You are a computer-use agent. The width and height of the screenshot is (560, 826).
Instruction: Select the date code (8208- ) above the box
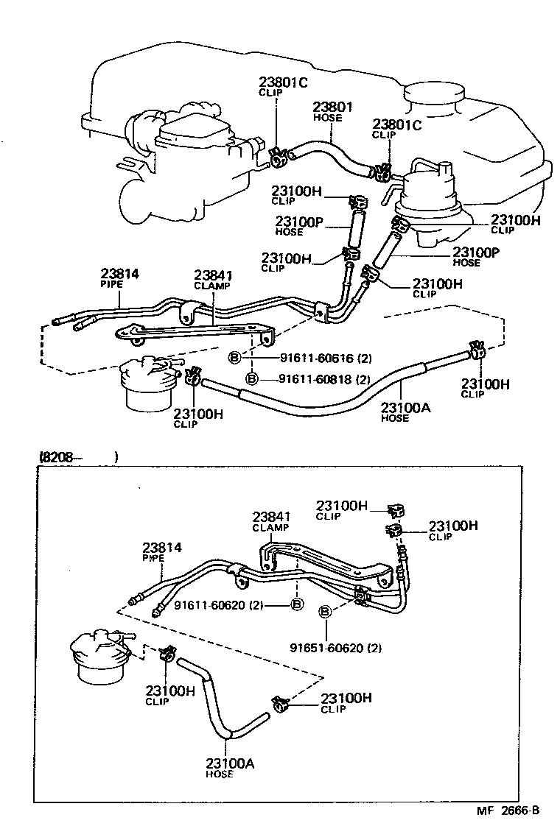pyautogui.click(x=77, y=457)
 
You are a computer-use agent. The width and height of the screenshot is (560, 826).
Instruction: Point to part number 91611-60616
pyautogui.click(x=326, y=359)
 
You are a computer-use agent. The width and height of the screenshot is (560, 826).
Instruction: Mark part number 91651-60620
pyautogui.click(x=335, y=649)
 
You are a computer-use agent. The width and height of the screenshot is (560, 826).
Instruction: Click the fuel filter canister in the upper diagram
pyautogui.click(x=150, y=383)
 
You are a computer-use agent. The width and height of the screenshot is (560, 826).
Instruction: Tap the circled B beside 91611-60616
pyautogui.click(x=234, y=359)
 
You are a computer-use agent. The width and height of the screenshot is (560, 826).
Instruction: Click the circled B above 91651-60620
pyautogui.click(x=326, y=612)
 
